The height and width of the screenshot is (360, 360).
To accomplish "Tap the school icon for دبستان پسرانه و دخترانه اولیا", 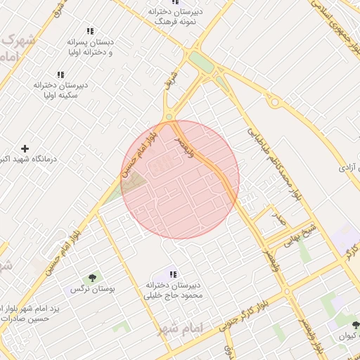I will tap(89, 32).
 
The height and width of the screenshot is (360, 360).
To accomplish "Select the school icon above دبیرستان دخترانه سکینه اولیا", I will tap(60, 75).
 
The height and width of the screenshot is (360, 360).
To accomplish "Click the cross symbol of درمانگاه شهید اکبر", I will tap(25, 148).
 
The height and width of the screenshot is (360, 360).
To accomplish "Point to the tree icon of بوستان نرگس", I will tap(93, 278).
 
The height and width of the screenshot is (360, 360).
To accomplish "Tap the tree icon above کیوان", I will tap(355, 325).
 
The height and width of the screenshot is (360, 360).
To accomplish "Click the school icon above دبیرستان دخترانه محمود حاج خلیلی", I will tap(173, 274).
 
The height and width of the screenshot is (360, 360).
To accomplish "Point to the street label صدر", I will tap(279, 220).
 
